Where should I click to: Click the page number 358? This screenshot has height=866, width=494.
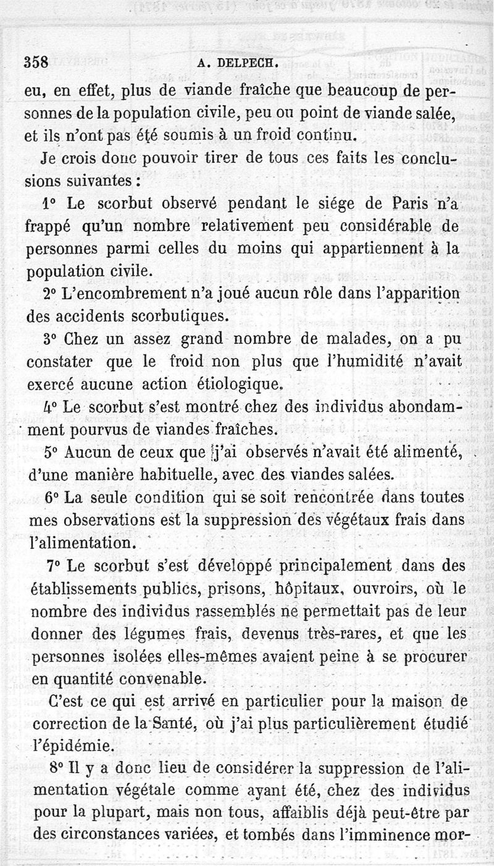[x=36, y=62]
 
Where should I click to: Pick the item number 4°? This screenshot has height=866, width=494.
[x=51, y=407]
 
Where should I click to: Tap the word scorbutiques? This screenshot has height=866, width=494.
[x=166, y=316]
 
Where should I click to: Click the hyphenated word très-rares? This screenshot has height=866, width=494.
[x=330, y=634]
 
